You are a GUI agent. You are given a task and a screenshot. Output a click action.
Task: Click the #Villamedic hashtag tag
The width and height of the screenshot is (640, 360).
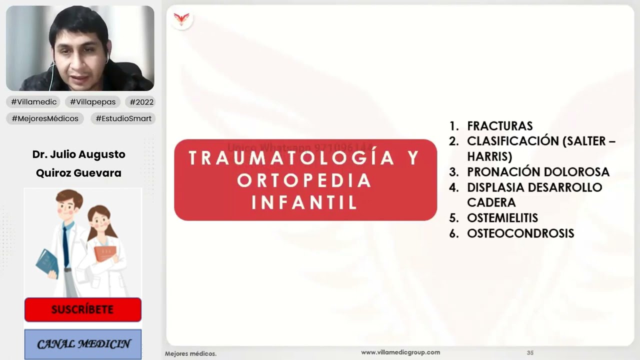[x=34, y=102]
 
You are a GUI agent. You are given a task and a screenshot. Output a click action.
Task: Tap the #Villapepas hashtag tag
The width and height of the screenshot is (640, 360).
[x=92, y=102]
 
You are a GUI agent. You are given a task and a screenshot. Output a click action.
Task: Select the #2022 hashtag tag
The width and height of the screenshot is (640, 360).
[x=139, y=102]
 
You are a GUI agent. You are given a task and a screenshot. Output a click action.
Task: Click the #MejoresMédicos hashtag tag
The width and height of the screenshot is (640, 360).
[x=45, y=118]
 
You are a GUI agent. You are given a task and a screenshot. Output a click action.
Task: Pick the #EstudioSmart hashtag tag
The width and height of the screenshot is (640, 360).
[x=123, y=118]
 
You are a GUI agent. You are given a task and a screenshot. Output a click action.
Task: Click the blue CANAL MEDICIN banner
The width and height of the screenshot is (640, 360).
[x=83, y=344]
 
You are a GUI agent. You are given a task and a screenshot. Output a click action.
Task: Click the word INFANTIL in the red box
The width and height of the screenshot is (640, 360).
[x=304, y=202]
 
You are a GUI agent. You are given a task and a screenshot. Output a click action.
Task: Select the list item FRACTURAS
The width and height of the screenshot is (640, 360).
[x=499, y=126]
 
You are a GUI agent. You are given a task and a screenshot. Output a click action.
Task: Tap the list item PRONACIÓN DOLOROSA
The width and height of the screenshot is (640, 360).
[x=538, y=172]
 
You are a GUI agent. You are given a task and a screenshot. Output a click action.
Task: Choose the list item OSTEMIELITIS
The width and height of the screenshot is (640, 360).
[x=502, y=218]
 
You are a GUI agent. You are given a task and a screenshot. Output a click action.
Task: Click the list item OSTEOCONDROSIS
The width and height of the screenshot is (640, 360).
[x=520, y=233]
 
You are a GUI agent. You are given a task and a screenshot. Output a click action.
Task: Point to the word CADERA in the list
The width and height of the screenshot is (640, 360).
[x=491, y=202]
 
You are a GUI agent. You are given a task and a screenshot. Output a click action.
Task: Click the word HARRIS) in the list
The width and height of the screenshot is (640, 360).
[x=489, y=156]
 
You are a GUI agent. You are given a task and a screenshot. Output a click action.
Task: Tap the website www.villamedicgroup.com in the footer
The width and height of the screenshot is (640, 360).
[x=400, y=352]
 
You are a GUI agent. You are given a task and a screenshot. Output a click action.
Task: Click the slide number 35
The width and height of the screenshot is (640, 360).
[x=530, y=353]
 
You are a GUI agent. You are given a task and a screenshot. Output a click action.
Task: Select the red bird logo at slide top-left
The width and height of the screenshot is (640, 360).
[x=181, y=19]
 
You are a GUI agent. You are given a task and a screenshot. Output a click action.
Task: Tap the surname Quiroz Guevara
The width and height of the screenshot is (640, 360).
[x=78, y=173]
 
